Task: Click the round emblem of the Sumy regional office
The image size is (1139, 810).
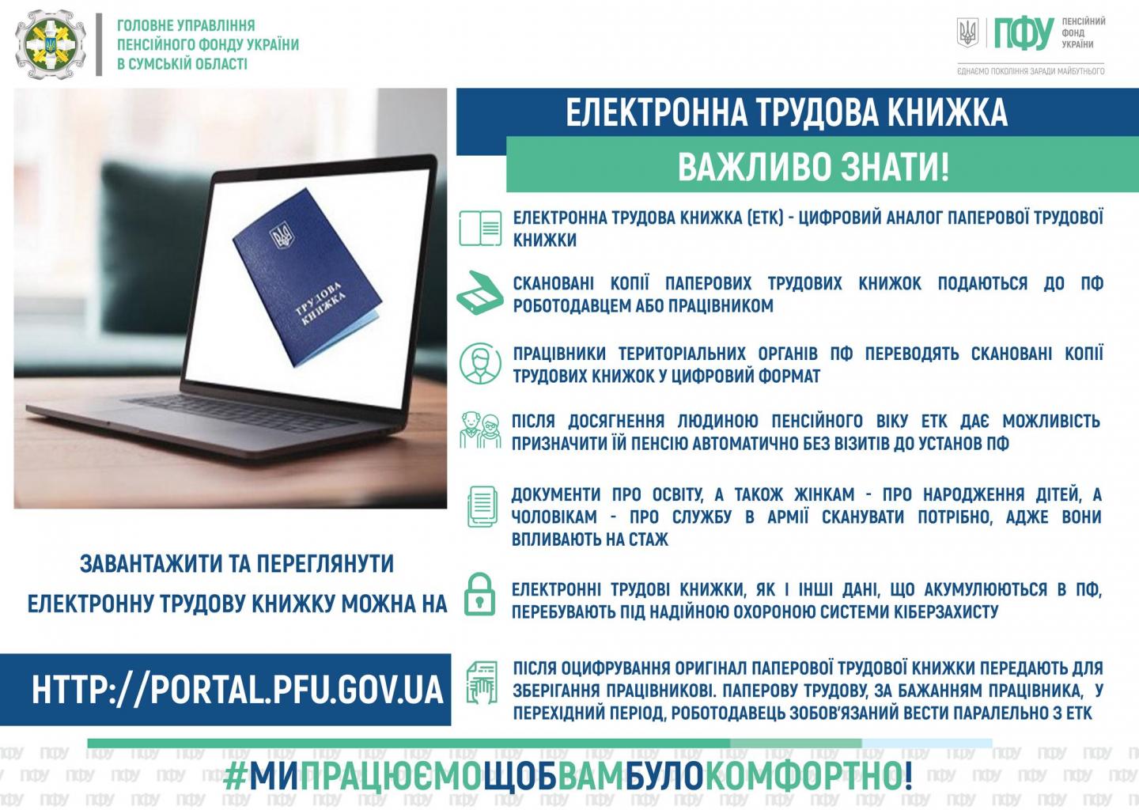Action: tap(51, 45)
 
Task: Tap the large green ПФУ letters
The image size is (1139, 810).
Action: tap(1024, 33)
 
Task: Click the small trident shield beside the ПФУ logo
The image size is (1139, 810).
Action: tap(967, 32)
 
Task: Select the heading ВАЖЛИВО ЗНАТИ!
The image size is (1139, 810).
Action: tap(814, 167)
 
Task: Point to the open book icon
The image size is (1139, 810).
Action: tap(480, 229)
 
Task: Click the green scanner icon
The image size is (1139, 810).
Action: tap(479, 293)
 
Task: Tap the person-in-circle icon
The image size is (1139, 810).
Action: tap(480, 363)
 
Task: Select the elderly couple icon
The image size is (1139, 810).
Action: tap(480, 430)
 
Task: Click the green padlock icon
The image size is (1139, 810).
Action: tap(479, 594)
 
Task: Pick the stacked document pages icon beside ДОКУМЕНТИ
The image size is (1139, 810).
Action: tap(482, 506)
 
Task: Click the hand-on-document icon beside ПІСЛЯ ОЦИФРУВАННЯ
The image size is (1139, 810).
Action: tap(482, 683)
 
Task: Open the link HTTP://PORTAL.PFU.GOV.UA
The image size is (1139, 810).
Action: tap(237, 690)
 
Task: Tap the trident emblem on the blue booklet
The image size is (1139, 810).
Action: tap(282, 234)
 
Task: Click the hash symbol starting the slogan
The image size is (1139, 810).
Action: tap(235, 777)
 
